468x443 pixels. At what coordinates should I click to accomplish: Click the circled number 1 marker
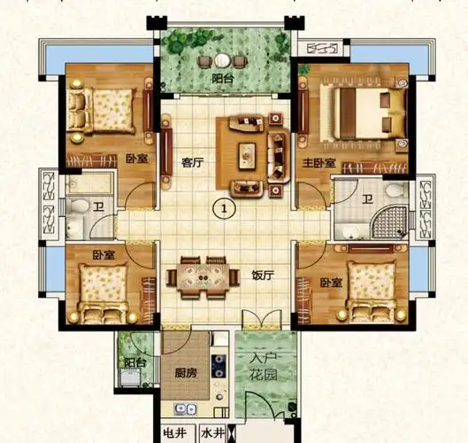(x=224, y=208)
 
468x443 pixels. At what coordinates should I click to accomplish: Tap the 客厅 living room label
(x=193, y=163)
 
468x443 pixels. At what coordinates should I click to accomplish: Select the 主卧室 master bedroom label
(x=318, y=163)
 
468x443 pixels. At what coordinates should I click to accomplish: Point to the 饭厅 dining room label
(x=263, y=276)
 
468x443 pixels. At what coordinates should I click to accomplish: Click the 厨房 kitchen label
(x=186, y=373)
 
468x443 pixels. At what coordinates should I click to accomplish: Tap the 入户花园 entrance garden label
(x=264, y=366)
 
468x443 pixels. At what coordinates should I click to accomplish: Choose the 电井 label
(x=175, y=433)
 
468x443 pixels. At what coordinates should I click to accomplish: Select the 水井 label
(x=212, y=433)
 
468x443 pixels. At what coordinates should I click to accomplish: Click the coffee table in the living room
(x=247, y=155)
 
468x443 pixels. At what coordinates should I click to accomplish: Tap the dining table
(x=203, y=277)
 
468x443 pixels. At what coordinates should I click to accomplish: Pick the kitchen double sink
(x=185, y=408)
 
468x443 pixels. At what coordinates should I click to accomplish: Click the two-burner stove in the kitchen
(x=219, y=366)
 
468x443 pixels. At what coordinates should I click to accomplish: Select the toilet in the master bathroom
(x=396, y=190)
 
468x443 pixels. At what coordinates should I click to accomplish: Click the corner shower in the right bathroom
(x=389, y=221)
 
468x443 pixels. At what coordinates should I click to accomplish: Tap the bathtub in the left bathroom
(x=89, y=183)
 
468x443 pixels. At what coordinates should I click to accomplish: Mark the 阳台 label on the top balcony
(x=223, y=79)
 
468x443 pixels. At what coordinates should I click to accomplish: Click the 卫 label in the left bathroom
(x=98, y=206)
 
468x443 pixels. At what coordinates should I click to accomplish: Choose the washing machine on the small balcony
(x=130, y=377)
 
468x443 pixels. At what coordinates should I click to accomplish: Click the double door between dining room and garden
(x=262, y=320)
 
